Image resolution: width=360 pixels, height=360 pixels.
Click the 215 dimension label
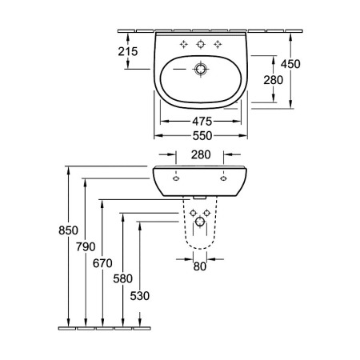[128, 51]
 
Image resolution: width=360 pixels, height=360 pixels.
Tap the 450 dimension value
[290, 64]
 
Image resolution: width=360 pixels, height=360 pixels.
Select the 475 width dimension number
[202, 122]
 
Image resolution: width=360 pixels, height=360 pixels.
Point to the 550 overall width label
[202, 136]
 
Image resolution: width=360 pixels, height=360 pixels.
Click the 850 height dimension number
[68, 230]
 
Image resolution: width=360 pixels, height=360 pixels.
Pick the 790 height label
[86, 247]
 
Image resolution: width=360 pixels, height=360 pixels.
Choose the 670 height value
[102, 263]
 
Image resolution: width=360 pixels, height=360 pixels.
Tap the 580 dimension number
[122, 279]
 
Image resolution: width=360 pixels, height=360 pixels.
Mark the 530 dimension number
[140, 296]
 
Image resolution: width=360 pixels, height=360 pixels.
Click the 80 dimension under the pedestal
[200, 266]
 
